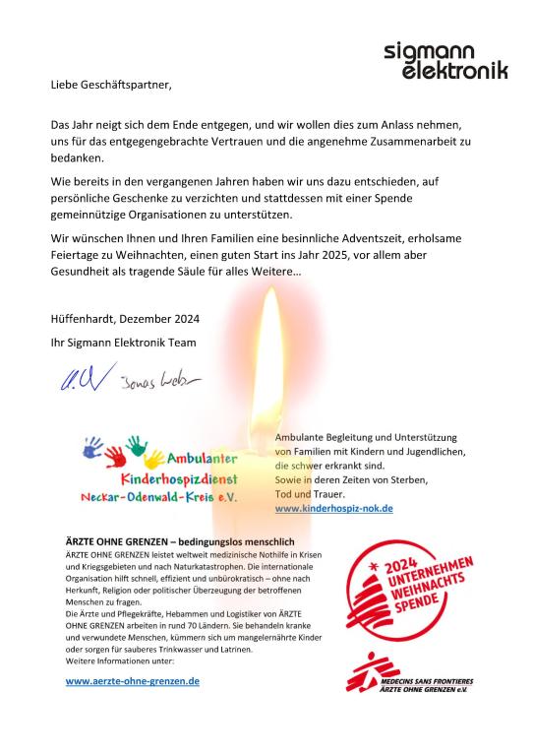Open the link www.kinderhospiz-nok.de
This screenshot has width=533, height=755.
333,508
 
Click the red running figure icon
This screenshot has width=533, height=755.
371,674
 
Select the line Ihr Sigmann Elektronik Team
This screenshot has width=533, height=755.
123,342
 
